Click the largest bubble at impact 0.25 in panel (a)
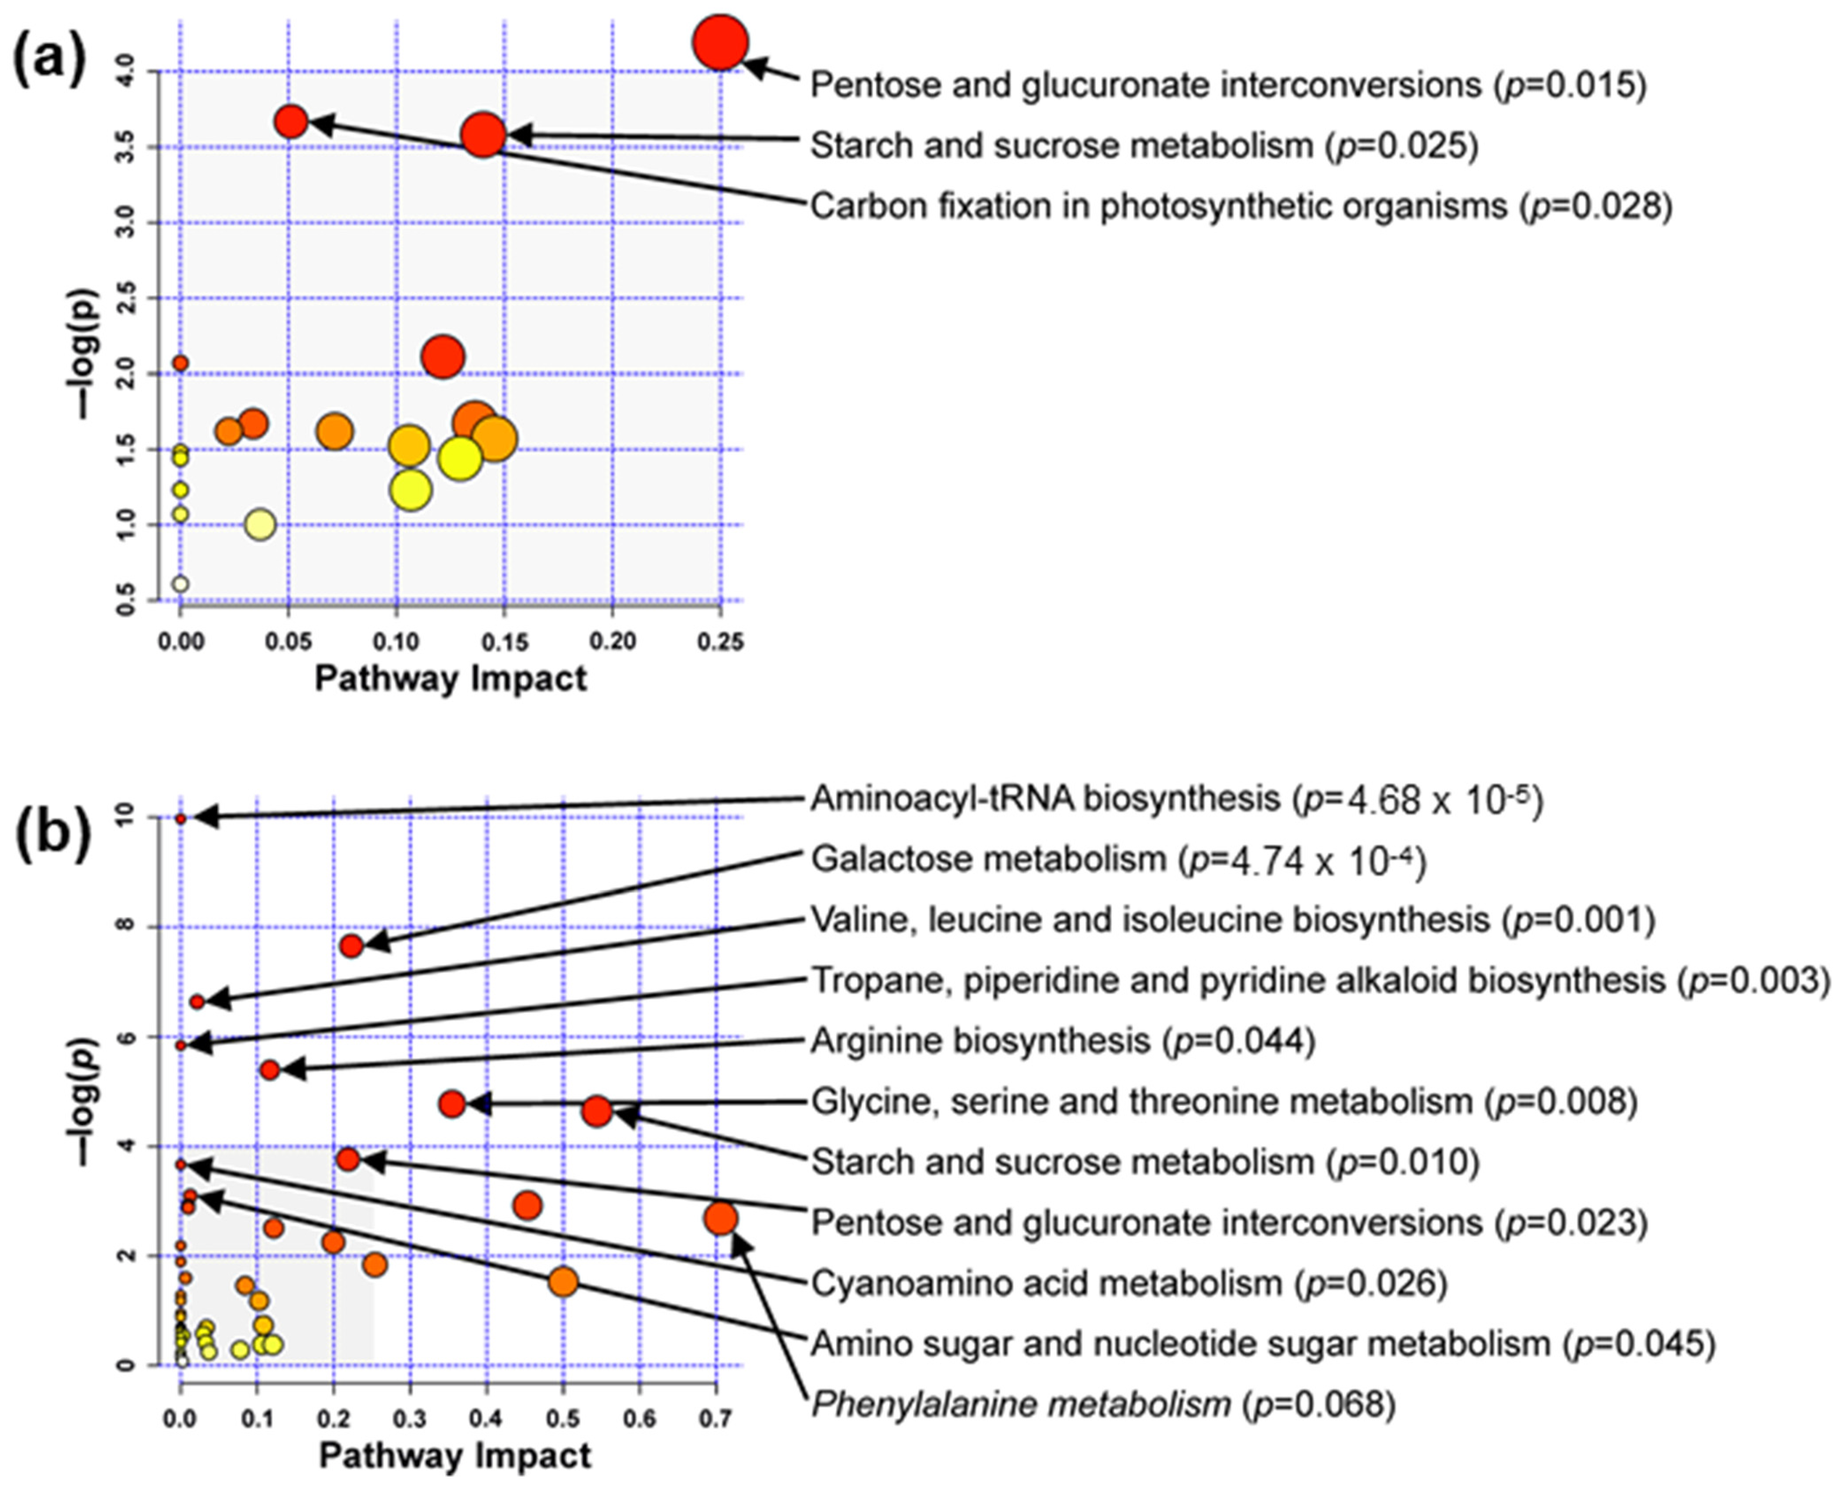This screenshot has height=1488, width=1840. click(x=721, y=42)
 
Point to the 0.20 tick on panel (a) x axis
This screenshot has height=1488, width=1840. click(x=613, y=641)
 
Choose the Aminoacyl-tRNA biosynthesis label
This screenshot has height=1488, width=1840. click(x=1176, y=799)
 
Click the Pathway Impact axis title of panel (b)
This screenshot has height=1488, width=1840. click(x=455, y=1455)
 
